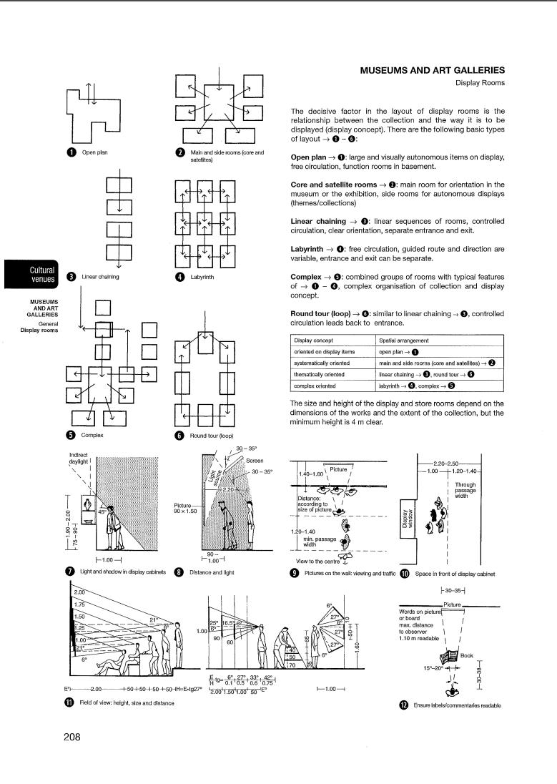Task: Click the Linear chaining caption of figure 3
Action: point(100,277)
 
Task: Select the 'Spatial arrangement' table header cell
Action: point(405,340)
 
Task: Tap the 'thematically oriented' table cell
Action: point(319,374)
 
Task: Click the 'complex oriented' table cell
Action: point(315,386)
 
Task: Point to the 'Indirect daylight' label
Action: point(78,459)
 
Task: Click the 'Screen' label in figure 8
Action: point(255,461)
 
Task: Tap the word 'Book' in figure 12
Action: point(466,655)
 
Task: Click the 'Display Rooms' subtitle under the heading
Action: point(480,83)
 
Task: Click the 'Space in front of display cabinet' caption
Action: point(455,573)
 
